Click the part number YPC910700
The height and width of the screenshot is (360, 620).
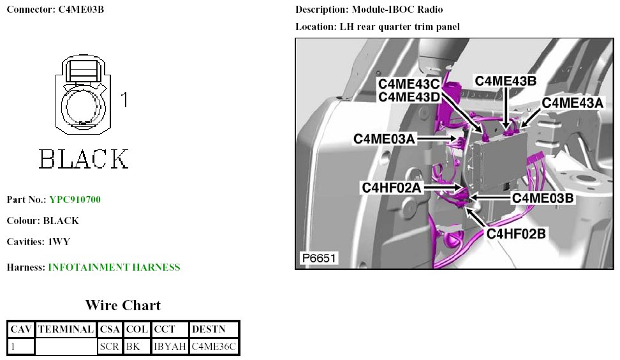75,200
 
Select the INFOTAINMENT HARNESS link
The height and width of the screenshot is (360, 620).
114,267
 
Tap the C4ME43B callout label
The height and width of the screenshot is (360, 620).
505,81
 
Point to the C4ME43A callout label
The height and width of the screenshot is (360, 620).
572,103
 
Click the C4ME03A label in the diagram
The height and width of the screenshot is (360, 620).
385,139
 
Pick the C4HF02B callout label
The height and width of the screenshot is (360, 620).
516,234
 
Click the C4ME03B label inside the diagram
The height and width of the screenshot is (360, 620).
543,199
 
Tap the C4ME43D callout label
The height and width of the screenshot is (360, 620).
410,97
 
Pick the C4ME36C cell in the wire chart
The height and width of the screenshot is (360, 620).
214,347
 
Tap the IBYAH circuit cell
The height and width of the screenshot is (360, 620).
170,347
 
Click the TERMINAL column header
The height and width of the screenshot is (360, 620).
66,329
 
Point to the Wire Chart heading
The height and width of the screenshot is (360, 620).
123,305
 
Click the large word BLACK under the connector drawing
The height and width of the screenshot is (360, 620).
84,158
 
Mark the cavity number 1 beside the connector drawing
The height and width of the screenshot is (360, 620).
124,100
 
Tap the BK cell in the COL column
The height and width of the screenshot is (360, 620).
133,347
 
